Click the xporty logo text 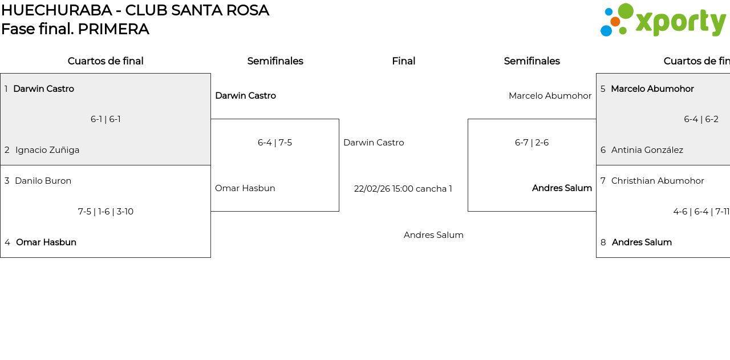point(680,22)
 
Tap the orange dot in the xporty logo point(615,22)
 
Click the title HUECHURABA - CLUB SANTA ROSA point(135,10)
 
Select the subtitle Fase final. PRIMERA point(75,29)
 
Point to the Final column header point(403,61)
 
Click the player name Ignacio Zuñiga point(47,150)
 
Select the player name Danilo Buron point(43,181)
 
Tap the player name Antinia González point(647,150)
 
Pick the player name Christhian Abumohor point(658,181)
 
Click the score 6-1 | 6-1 point(106,119)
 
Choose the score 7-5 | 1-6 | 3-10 point(106,212)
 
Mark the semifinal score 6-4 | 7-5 point(275,143)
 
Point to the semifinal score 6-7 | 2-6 point(532,143)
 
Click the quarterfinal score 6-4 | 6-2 point(701,119)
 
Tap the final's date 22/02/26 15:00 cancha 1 point(403,189)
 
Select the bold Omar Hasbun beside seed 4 point(46,242)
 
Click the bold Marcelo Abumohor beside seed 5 point(652,89)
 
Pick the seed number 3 point(7,181)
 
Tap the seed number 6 point(603,150)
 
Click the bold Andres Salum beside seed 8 point(642,242)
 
